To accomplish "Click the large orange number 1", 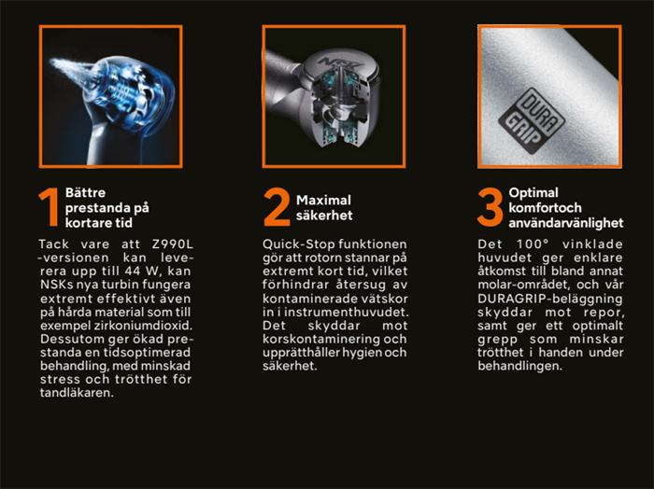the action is (49, 207).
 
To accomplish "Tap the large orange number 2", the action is (277, 207).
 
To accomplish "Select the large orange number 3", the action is (490, 207).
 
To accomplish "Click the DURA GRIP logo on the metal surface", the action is (532, 120).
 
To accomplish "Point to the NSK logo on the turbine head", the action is (337, 63).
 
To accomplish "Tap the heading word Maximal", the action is (323, 201).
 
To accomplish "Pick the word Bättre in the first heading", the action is (86, 193).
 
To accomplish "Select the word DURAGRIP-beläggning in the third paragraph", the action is (550, 299).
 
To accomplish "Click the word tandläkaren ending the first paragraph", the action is (77, 393).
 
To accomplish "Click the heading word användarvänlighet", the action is (566, 223).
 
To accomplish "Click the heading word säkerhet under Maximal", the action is (324, 216).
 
